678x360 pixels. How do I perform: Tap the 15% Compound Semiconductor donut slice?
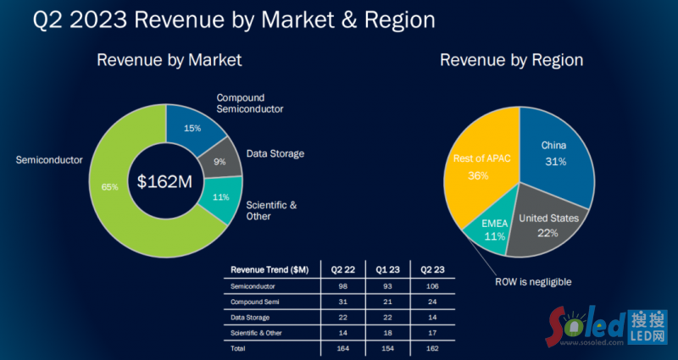193,128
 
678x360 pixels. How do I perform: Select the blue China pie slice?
555,152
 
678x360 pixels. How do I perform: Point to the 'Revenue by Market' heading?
169,60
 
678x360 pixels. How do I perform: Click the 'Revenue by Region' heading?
511,60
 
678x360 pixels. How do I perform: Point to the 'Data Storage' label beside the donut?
275,154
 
